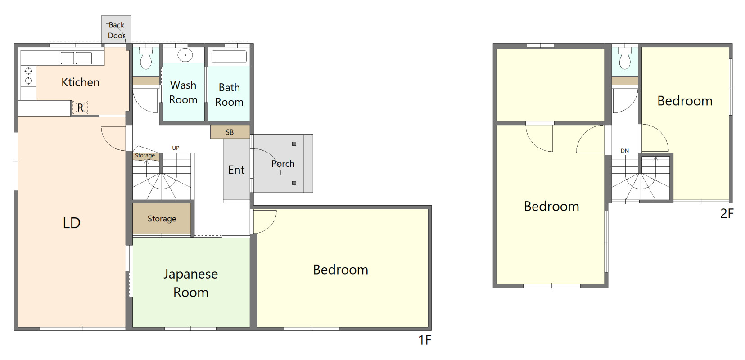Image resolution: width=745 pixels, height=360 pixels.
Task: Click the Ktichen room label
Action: [81, 82]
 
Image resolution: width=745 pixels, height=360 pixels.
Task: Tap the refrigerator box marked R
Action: [80, 108]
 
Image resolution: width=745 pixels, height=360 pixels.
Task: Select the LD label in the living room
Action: [72, 223]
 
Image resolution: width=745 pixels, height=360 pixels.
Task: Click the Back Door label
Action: [117, 30]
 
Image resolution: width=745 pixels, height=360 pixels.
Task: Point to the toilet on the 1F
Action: [146, 58]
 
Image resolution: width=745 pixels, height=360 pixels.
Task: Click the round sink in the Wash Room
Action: [185, 55]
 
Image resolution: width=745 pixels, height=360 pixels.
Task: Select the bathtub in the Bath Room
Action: [229, 57]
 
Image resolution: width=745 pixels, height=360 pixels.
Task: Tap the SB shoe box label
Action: [230, 132]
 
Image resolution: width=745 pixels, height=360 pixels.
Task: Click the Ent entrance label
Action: [236, 170]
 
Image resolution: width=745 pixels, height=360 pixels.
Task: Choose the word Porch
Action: [283, 164]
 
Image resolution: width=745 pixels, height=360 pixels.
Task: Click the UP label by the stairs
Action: [176, 148]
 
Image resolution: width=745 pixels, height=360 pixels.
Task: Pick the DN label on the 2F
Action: [625, 151]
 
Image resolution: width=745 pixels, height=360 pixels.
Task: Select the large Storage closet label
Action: [162, 219]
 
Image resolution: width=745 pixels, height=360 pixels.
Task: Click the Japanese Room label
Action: [190, 283]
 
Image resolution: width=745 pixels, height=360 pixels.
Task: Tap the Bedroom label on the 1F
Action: [341, 270]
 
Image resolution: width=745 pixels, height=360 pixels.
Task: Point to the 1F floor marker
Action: [424, 340]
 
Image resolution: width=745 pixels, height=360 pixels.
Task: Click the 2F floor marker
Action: [727, 213]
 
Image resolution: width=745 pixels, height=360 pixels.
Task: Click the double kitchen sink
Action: [76, 58]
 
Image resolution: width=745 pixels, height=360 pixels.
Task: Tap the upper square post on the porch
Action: [294, 144]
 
